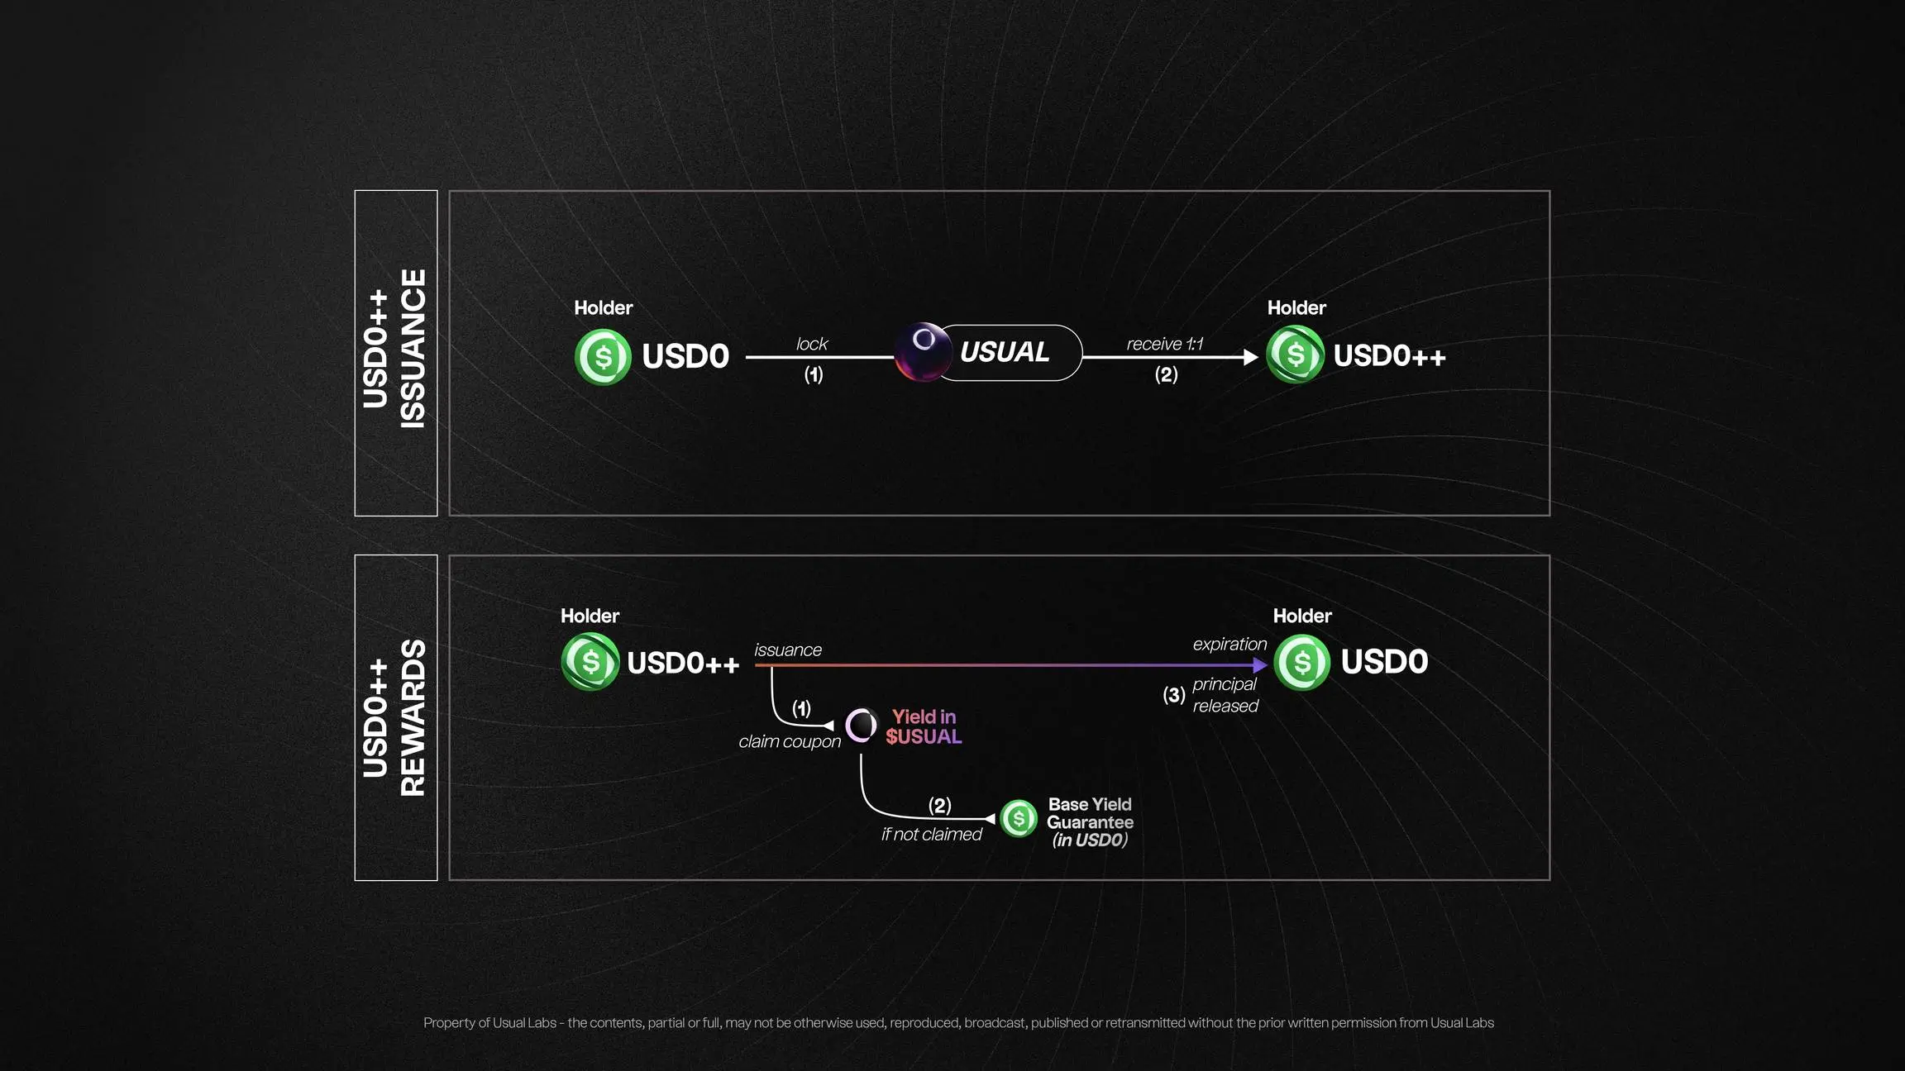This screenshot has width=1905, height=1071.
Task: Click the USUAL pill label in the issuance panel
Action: point(1005,352)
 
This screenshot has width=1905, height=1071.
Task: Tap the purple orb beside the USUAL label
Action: point(923,351)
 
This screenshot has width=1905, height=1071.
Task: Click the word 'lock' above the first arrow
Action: point(811,344)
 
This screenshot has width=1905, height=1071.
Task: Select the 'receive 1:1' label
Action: point(1164,344)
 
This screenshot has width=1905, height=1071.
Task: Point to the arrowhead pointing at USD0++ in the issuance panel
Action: point(1251,357)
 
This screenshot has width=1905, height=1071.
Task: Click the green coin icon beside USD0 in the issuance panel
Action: point(603,357)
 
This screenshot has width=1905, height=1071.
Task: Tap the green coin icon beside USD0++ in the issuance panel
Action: point(1295,355)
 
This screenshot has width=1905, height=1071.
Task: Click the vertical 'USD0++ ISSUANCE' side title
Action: point(395,352)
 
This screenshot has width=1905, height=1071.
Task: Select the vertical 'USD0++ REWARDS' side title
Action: point(395,717)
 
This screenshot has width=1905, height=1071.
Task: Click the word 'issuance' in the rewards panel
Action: point(788,650)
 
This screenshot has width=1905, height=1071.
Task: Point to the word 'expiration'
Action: point(1229,644)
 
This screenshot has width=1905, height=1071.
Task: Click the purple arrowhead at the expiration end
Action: point(1260,665)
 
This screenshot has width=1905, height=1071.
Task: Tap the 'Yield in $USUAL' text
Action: point(924,726)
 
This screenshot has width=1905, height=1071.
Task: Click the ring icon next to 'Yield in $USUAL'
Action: point(861,726)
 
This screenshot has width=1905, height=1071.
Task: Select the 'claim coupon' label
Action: point(790,741)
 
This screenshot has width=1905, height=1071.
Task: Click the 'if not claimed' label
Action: point(931,835)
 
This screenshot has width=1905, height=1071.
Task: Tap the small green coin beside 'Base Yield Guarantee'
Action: point(1019,818)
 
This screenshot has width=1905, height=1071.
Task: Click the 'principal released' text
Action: point(1225,695)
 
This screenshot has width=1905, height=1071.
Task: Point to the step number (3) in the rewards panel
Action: point(1173,695)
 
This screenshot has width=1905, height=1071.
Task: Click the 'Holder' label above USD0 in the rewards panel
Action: point(1301,616)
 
